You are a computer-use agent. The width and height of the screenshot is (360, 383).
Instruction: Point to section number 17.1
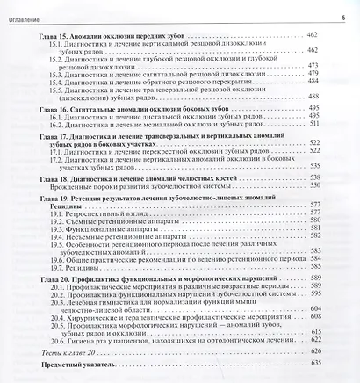pos(58,152)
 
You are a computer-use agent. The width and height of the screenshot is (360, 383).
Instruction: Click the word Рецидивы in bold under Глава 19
pos(59,208)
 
